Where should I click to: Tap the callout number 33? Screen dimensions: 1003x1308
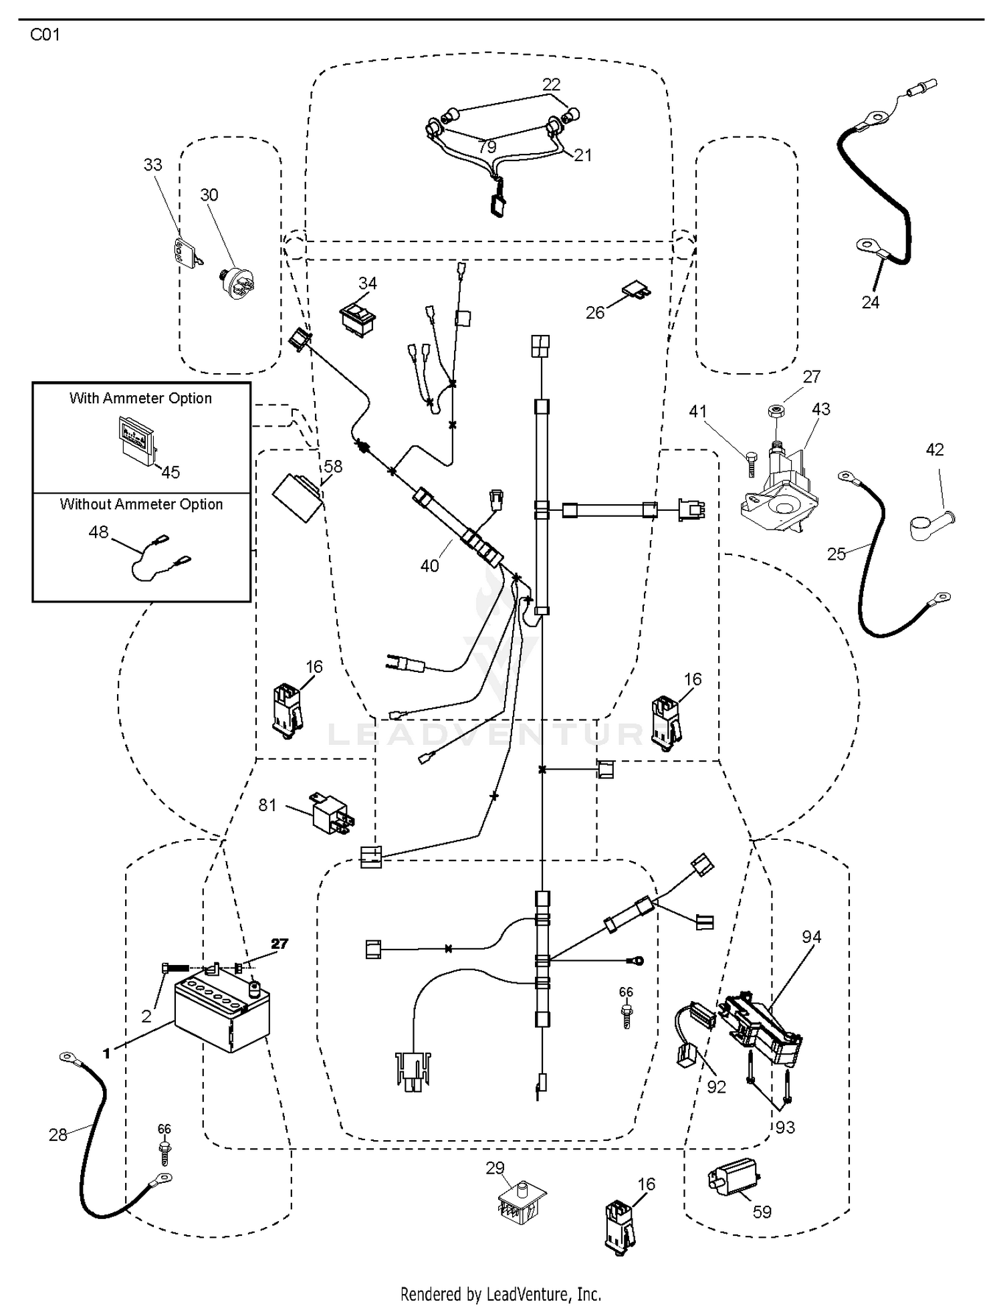click(x=153, y=165)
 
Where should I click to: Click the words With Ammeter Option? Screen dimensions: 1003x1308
click(x=140, y=399)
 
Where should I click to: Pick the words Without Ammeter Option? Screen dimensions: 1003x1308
click(x=141, y=504)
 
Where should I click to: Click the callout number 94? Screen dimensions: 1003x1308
click(x=811, y=938)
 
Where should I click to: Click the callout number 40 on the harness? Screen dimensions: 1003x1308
click(x=429, y=566)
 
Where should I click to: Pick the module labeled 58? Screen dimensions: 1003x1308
click(x=299, y=497)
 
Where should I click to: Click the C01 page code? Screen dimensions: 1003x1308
click(x=45, y=35)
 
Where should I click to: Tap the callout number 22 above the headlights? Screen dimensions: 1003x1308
click(x=551, y=84)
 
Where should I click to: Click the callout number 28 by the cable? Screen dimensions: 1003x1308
click(x=58, y=1135)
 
